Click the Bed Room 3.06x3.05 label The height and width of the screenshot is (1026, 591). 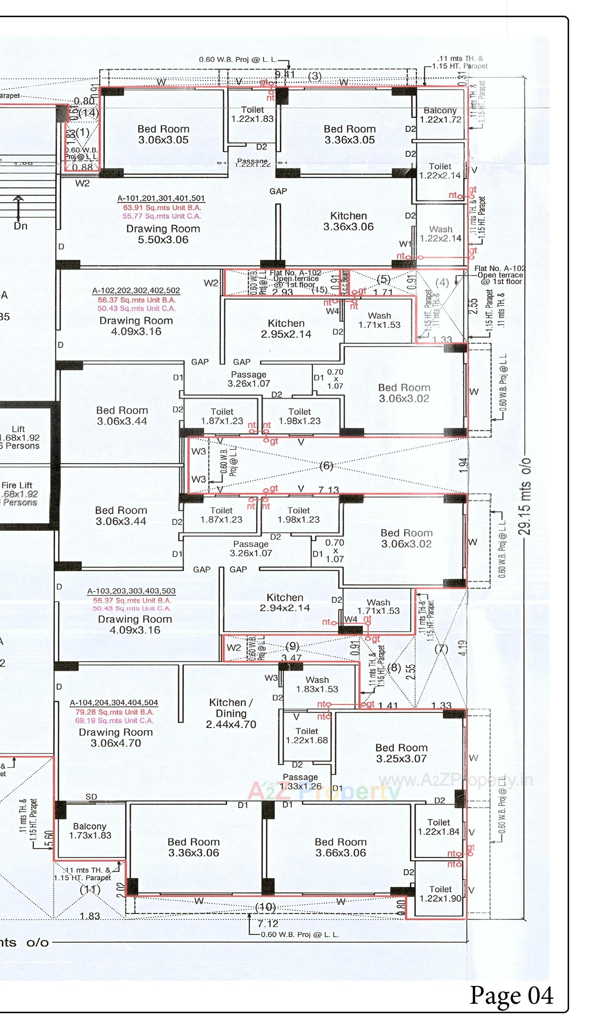(163, 134)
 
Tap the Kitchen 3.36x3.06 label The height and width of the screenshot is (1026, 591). (348, 221)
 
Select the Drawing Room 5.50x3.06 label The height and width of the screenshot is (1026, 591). (163, 234)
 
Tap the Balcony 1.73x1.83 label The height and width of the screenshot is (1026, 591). (90, 830)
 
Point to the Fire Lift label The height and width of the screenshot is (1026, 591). (17, 485)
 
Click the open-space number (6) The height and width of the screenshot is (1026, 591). (326, 465)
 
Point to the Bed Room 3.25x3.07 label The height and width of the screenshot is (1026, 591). (401, 753)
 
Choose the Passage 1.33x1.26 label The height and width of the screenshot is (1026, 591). (300, 781)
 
